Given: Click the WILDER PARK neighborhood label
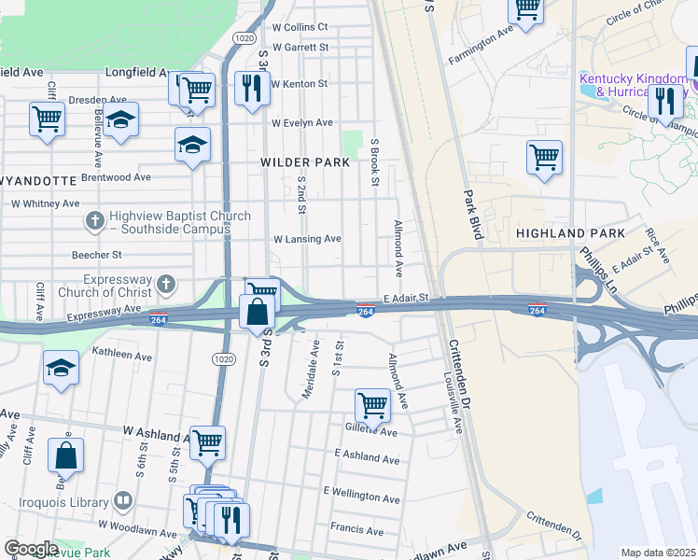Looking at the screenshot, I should tap(305, 162).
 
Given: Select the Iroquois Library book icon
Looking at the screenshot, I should tap(122, 501).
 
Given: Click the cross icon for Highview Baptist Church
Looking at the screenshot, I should tap(94, 221).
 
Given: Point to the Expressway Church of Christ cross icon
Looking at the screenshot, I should tap(166, 283).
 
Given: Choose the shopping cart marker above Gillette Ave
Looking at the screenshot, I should tap(372, 405).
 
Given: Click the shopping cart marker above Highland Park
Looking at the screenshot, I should tap(544, 157).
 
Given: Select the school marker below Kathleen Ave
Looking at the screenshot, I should tap(62, 368).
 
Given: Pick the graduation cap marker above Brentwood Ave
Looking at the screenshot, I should tap(192, 146).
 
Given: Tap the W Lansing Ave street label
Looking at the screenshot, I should tap(307, 239).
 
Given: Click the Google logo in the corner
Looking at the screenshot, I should tap(31, 549).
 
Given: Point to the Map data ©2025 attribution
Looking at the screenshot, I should tap(657, 553).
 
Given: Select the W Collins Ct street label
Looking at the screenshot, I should tap(300, 27).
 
